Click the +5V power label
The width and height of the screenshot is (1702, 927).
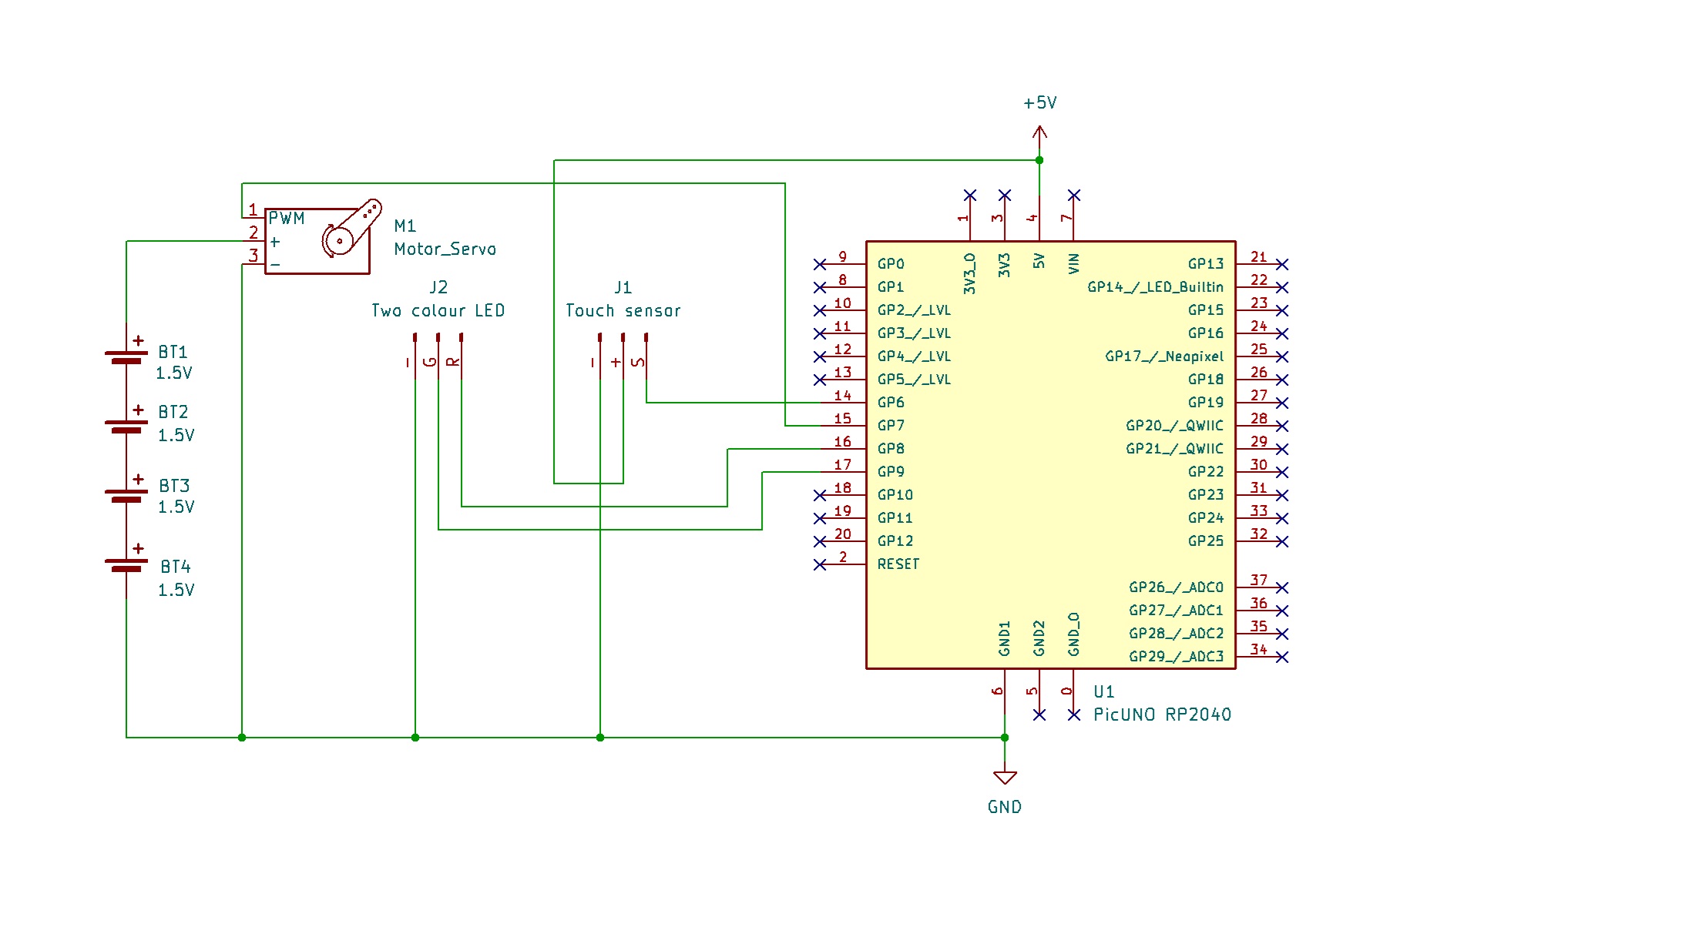pyautogui.click(x=1039, y=103)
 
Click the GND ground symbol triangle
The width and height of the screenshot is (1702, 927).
pyautogui.click(x=1005, y=777)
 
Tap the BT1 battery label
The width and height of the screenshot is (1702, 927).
pyautogui.click(x=173, y=352)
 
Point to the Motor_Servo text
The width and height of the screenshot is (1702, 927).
pyautogui.click(x=445, y=249)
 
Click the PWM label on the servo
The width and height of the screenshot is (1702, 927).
pyautogui.click(x=287, y=219)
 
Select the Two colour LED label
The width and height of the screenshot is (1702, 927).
pyautogui.click(x=438, y=311)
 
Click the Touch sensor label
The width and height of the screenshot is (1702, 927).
pyautogui.click(x=623, y=311)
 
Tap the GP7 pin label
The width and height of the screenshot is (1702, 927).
pyautogui.click(x=891, y=426)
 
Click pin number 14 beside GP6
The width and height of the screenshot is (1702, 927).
pyautogui.click(x=843, y=396)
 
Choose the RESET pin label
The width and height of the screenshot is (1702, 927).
pyautogui.click(x=898, y=564)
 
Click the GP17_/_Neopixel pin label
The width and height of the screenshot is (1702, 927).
pyautogui.click(x=1163, y=356)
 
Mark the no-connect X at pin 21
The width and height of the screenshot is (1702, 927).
pyautogui.click(x=1282, y=264)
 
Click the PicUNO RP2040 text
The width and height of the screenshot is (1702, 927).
pyautogui.click(x=1162, y=714)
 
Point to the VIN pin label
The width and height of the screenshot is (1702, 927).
pyautogui.click(x=1074, y=263)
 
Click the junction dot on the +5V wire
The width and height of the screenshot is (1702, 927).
pyautogui.click(x=1039, y=160)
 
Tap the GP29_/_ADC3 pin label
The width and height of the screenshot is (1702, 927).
pyautogui.click(x=1176, y=657)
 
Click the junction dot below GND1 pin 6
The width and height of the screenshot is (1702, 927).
pyautogui.click(x=1005, y=738)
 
